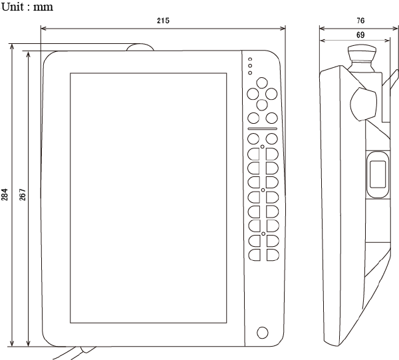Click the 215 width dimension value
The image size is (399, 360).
163,21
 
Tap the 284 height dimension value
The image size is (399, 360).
5,194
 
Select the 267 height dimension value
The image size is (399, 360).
22,194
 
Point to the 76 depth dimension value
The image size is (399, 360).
360,21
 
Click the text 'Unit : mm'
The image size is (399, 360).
27,7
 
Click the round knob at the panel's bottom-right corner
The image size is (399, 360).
263,332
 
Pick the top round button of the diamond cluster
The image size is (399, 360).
261,85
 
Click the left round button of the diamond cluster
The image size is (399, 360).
253,94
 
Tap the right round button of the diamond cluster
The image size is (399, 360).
271,94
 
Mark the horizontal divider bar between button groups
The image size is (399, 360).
262,128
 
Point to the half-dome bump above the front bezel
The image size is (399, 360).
140,48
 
